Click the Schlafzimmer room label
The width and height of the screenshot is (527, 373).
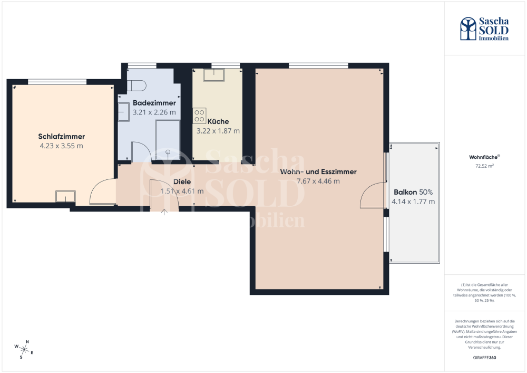coord(61,136)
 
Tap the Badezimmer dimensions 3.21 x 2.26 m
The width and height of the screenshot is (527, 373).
coord(154,112)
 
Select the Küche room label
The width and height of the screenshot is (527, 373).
coord(218,121)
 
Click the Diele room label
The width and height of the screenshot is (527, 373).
coord(182,181)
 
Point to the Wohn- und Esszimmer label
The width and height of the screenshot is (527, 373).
coord(318,171)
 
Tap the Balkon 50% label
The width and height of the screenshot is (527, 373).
coord(413,192)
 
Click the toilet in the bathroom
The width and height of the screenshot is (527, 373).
coord(136,85)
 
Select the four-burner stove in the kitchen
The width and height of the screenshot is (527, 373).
coord(199,116)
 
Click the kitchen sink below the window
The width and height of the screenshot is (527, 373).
coord(214,75)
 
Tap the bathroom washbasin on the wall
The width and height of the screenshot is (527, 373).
coord(124,112)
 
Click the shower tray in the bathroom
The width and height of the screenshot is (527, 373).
coord(168,140)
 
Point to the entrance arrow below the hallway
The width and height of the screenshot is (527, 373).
coord(164,212)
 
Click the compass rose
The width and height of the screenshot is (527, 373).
coord(24,349)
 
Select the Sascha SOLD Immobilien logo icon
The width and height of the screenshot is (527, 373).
coord(468,28)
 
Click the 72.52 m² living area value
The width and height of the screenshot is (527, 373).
coord(484,166)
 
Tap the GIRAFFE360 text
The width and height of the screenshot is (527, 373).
coord(484,358)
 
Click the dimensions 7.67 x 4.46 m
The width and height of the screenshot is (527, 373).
coord(318,181)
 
